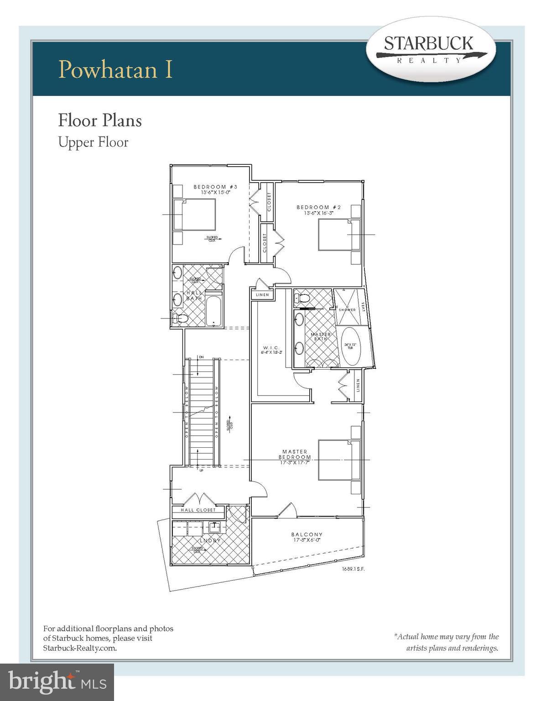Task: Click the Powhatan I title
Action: click(116, 69)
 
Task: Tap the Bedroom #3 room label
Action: click(215, 189)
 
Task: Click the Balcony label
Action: click(307, 537)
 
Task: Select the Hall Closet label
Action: click(198, 510)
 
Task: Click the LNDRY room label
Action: click(209, 540)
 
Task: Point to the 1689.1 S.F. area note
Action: click(354, 569)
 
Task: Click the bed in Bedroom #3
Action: click(194, 214)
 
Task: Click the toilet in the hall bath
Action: click(180, 318)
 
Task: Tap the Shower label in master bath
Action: click(347, 310)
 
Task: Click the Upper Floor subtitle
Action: click(93, 142)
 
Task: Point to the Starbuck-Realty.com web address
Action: click(80, 648)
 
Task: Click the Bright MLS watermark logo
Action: click(57, 682)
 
